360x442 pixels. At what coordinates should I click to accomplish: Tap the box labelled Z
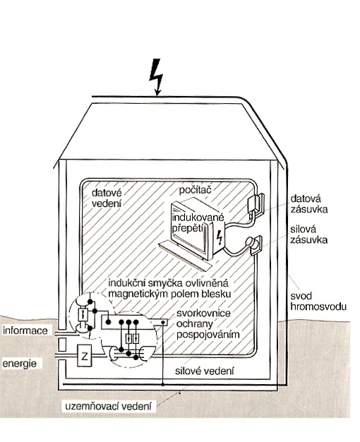84,356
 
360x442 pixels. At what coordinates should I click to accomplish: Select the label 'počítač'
195,190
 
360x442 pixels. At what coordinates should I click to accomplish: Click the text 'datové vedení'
107,198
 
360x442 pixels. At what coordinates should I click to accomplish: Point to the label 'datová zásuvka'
309,204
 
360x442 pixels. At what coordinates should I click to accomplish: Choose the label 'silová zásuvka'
309,234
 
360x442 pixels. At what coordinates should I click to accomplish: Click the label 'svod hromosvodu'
318,301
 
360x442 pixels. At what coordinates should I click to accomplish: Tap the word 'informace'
25,330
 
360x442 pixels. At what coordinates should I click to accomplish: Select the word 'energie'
20,364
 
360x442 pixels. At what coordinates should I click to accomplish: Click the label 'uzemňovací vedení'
109,407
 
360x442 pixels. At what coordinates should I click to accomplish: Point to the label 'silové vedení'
205,371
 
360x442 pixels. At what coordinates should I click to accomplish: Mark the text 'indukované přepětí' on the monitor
198,222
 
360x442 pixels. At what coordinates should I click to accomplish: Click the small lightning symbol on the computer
219,238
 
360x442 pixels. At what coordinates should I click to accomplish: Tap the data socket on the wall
256,203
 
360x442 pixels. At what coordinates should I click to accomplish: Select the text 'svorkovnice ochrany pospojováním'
208,324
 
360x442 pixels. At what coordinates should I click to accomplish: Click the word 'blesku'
217,294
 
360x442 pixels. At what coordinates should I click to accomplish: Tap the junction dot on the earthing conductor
163,385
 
